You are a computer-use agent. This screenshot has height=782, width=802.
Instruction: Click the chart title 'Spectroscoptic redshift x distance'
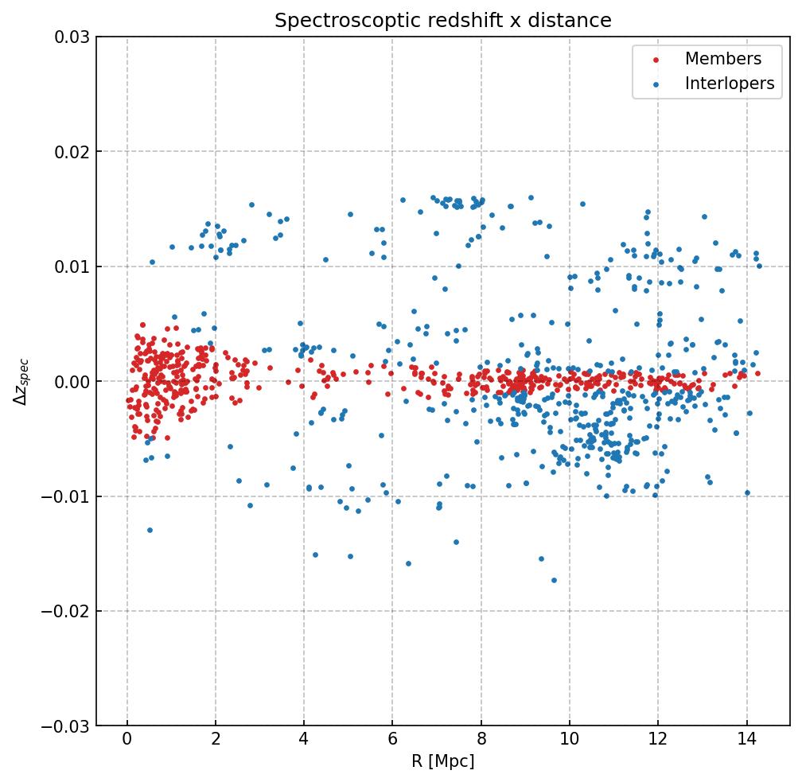[x=443, y=21]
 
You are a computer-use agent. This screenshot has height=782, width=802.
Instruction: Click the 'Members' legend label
[x=722, y=59]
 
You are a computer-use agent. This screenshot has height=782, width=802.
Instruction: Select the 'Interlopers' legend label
[x=729, y=84]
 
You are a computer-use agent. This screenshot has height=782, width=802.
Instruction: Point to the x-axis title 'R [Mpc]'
[x=443, y=761]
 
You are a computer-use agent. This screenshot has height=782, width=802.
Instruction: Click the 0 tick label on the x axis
[x=127, y=741]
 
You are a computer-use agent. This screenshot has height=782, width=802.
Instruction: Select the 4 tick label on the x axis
[x=304, y=741]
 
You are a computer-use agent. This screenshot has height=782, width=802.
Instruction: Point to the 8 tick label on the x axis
[x=481, y=741]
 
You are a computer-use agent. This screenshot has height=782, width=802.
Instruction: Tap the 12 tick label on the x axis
[x=657, y=741]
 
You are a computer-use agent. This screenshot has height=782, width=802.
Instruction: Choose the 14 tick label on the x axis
[x=746, y=741]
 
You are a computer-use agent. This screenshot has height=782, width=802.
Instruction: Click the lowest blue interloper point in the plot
[x=554, y=580]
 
